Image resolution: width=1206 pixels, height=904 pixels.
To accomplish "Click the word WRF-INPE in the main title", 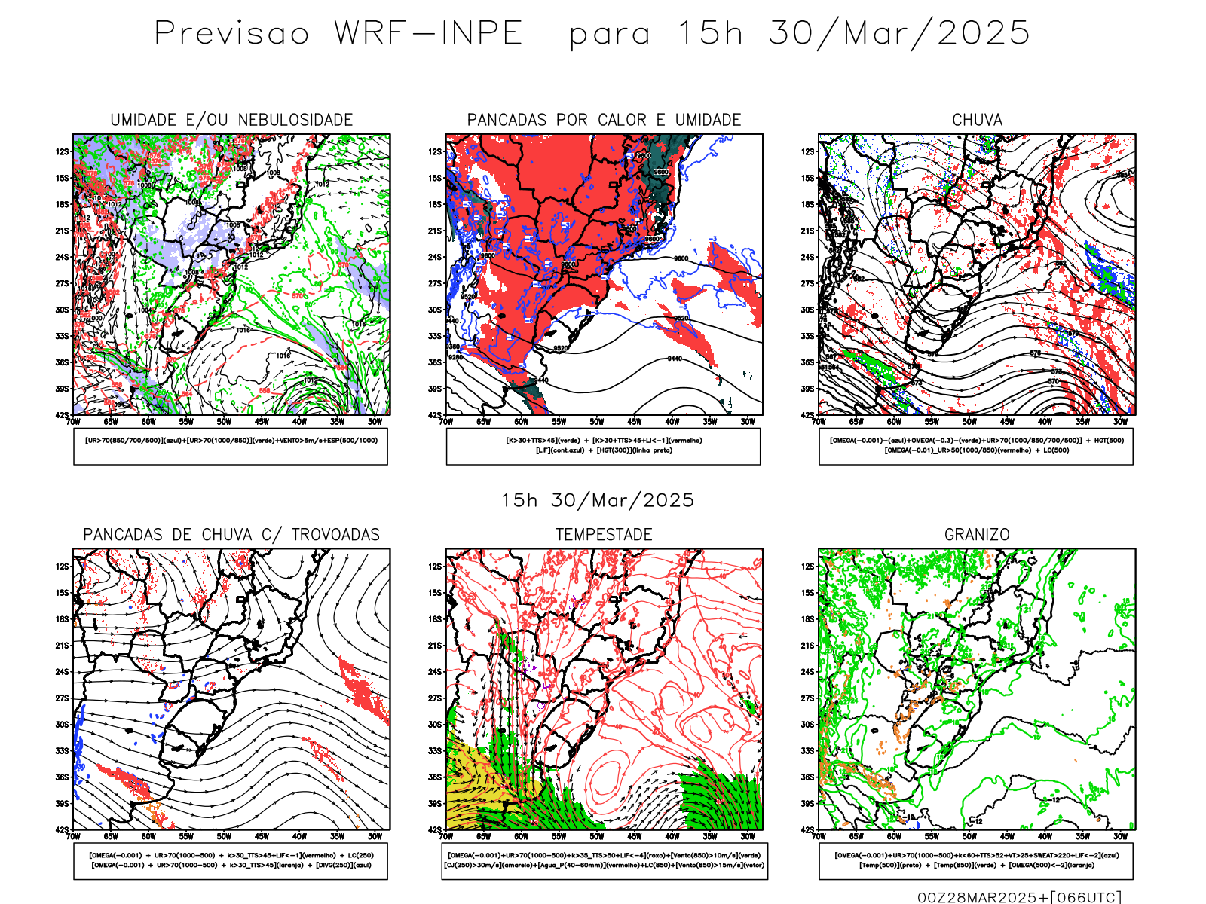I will pyautogui.click(x=428, y=34).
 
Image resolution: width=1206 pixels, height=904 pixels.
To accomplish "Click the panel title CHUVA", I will pyautogui.click(x=977, y=120).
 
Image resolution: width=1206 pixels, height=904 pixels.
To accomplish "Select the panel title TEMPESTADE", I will pyautogui.click(x=604, y=535).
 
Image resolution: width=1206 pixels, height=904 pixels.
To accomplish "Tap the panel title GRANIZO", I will pyautogui.click(x=977, y=535).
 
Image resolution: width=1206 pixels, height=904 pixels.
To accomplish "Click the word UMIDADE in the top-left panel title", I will pyautogui.click(x=143, y=120).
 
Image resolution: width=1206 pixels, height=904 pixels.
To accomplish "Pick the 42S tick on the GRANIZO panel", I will pyautogui.click(x=807, y=830).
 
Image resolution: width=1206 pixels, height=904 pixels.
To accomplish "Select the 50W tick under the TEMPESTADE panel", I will pyautogui.click(x=596, y=836).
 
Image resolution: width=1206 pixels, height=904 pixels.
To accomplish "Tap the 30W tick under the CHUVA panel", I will pyautogui.click(x=1120, y=422).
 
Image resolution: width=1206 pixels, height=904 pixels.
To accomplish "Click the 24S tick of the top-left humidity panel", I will pyautogui.click(x=62, y=257).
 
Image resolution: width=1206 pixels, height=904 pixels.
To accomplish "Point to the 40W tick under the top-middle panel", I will pyautogui.click(x=672, y=422).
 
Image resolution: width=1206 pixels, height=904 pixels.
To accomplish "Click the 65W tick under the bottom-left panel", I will pyautogui.click(x=111, y=836).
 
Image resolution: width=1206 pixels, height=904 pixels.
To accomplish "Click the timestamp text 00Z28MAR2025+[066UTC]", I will pyautogui.click(x=1019, y=897).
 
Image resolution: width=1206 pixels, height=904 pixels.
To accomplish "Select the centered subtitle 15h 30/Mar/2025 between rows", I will pyautogui.click(x=598, y=501).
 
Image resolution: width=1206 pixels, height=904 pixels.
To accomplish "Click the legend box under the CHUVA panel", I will pyautogui.click(x=976, y=446).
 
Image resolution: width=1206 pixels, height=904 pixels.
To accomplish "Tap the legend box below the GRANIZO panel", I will pyautogui.click(x=976, y=860).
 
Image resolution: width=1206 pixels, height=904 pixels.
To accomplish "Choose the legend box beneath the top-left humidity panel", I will pyautogui.click(x=231, y=446).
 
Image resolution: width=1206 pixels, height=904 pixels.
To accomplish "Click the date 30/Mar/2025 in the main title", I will pyautogui.click(x=898, y=34).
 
